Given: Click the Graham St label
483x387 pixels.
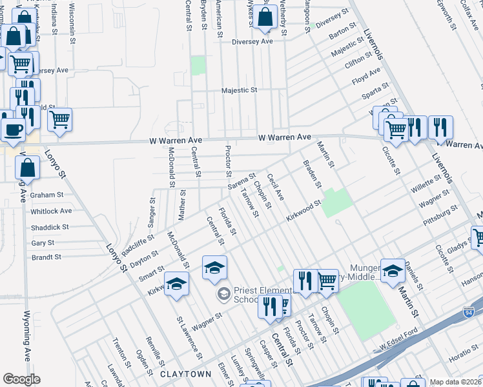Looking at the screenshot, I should [x=46, y=195].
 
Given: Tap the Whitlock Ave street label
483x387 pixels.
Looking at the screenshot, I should [x=51, y=211].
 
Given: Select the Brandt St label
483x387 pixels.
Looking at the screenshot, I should [x=46, y=257].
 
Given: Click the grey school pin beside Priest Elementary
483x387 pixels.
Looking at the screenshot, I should [x=223, y=295].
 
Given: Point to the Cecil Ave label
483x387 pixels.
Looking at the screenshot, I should [x=275, y=186].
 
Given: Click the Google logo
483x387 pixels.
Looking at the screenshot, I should [x=21, y=379].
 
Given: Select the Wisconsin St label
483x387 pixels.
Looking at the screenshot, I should [x=72, y=23].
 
